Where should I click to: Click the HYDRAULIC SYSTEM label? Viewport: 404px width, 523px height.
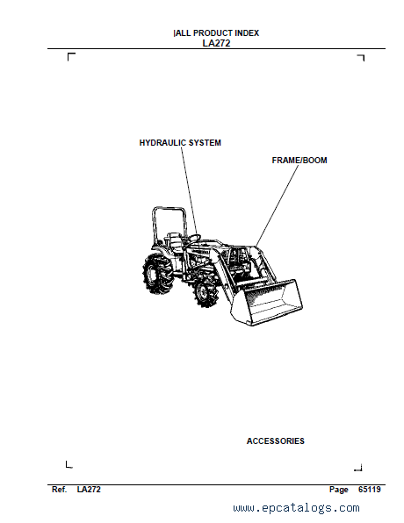[x=180, y=143]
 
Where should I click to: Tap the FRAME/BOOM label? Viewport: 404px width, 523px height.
[x=299, y=161]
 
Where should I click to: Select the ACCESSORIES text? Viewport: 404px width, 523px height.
[x=276, y=441]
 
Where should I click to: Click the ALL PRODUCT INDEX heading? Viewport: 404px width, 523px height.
[x=217, y=33]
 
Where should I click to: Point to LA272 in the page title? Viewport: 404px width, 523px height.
[x=216, y=43]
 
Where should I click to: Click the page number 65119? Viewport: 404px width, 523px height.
[x=369, y=490]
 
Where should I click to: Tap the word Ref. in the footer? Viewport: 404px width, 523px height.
[x=60, y=490]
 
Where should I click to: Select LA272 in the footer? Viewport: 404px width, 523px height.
[x=89, y=490]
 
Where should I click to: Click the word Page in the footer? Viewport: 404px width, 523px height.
[x=338, y=490]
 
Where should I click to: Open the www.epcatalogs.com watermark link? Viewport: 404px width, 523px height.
[x=296, y=508]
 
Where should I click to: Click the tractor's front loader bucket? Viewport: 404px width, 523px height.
[x=267, y=302]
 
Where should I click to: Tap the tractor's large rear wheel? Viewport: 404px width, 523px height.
[x=157, y=274]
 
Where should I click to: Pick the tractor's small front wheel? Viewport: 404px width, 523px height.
[x=205, y=292]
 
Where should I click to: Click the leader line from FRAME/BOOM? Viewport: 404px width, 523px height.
[x=277, y=205]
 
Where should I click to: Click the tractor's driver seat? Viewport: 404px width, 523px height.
[x=174, y=240]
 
